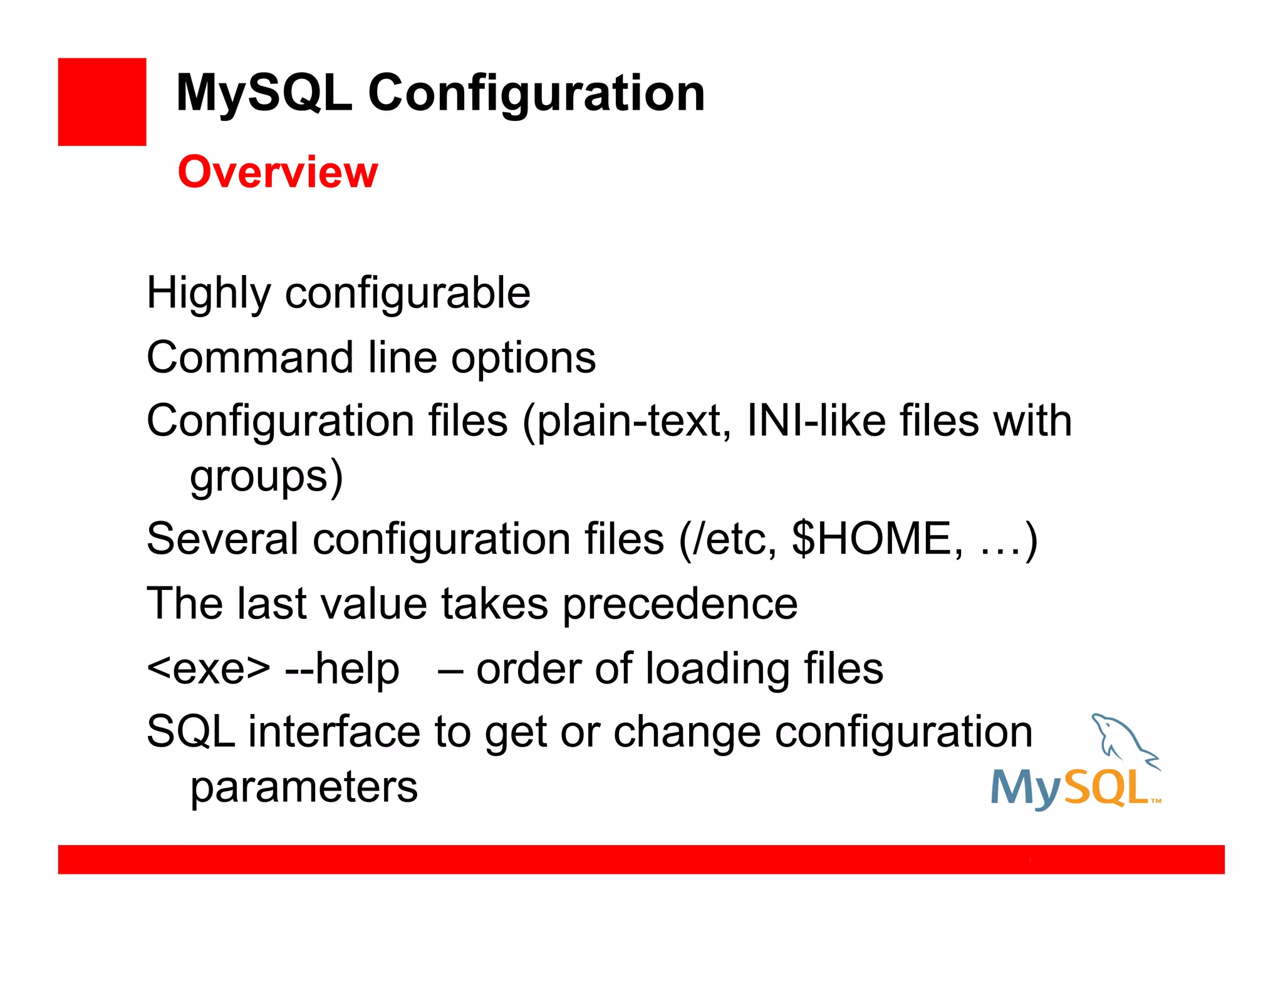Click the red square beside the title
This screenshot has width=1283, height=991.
[x=102, y=102]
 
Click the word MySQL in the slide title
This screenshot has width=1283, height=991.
[x=264, y=94]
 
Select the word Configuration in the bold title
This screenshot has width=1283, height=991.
[x=536, y=94]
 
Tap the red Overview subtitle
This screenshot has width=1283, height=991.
[x=278, y=172]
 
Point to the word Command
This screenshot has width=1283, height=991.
[x=250, y=358]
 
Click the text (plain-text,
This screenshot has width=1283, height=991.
[x=626, y=421]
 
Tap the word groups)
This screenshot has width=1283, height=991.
[x=267, y=477]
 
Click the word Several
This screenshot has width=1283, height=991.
[x=222, y=539]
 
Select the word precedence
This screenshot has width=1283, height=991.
[x=680, y=604]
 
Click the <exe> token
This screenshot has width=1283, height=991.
[x=209, y=669]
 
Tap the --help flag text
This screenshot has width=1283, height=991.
[x=342, y=669]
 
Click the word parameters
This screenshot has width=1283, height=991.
[x=304, y=788]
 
